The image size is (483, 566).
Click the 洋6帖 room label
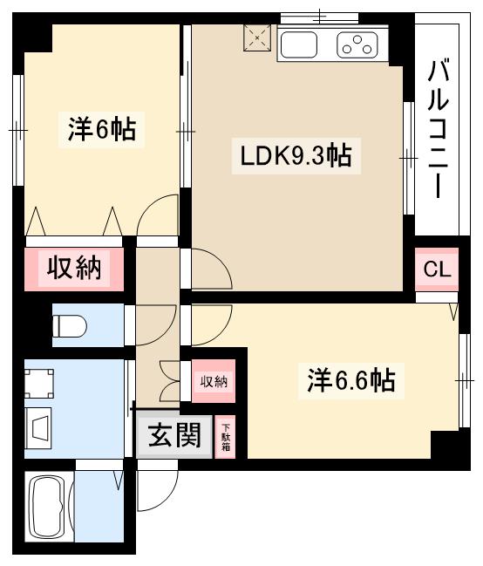click(101, 130)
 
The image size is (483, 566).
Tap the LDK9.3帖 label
click(296, 157)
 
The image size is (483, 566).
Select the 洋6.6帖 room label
click(351, 380)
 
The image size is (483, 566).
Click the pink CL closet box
click(436, 269)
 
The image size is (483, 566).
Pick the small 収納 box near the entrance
click(214, 381)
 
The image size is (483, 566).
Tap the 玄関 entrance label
click(173, 433)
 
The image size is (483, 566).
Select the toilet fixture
click(70, 326)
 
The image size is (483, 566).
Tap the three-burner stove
click(357, 44)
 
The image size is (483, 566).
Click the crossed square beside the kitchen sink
click(257, 38)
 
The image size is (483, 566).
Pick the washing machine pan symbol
click(39, 384)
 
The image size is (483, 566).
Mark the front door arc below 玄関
click(157, 493)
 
